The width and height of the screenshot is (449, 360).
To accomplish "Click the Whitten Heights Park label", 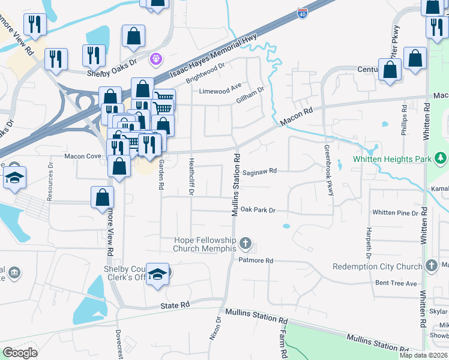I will (x=393, y=159).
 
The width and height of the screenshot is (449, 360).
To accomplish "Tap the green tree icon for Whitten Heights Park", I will (x=441, y=159).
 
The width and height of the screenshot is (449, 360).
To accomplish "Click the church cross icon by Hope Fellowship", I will (x=245, y=244).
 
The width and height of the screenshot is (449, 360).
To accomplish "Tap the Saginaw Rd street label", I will (x=260, y=171).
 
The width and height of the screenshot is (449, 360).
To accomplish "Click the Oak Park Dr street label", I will (x=258, y=211).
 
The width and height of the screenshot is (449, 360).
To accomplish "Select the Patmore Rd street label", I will (x=256, y=261).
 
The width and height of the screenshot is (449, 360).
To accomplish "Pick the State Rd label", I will (x=175, y=305).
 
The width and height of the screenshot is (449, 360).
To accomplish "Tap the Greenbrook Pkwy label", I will (x=328, y=170).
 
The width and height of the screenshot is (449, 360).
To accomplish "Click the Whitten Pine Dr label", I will (x=395, y=212).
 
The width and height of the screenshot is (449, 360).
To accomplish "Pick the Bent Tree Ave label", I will (x=396, y=283).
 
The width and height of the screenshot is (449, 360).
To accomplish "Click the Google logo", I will (x=20, y=353).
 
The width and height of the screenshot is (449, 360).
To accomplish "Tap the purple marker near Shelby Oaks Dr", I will (x=157, y=59).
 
